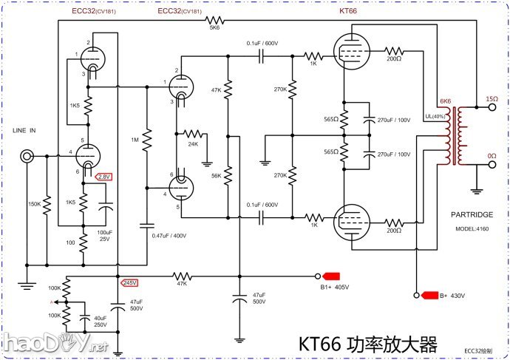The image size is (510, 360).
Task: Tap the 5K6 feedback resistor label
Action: [x=215, y=29]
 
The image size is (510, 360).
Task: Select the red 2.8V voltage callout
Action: [x=104, y=177]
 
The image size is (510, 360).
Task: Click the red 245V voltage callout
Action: [x=130, y=282]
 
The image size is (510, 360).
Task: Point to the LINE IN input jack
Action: [x=28, y=156]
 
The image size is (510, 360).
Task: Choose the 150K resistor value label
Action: [x=35, y=204]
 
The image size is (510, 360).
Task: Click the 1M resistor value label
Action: [x=135, y=140]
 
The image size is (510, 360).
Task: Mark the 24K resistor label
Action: [x=193, y=144]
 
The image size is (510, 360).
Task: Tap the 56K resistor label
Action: [x=216, y=177]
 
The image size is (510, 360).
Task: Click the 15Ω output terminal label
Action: [x=492, y=98]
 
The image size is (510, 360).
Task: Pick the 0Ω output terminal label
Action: [x=492, y=156]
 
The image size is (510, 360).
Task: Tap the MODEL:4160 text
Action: [x=472, y=229]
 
